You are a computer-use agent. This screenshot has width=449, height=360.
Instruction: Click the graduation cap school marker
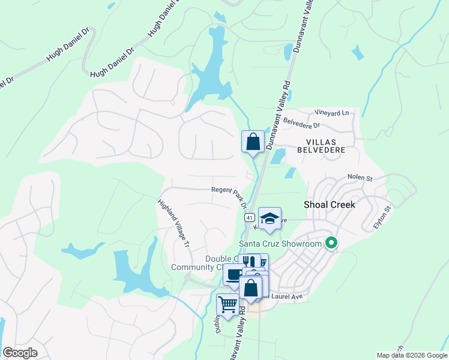point(270,219)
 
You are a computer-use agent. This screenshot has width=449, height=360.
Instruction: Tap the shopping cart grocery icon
point(228,305)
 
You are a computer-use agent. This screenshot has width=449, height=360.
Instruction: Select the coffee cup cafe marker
point(234,275)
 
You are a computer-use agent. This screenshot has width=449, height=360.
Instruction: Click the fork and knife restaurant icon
point(250,262)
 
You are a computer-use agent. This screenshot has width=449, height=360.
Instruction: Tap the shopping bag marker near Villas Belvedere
point(253,142)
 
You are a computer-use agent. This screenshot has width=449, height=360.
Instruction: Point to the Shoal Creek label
point(330,205)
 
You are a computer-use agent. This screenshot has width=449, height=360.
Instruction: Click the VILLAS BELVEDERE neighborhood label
point(318,143)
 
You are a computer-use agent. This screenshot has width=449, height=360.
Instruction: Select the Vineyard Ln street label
point(331,113)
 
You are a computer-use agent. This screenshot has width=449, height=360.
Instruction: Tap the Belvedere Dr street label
point(302,124)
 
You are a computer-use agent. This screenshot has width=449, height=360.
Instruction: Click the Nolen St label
point(360,178)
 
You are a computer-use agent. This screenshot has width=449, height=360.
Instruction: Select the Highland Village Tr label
point(174,223)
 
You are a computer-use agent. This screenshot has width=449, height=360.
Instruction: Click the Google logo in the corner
point(20,353)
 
